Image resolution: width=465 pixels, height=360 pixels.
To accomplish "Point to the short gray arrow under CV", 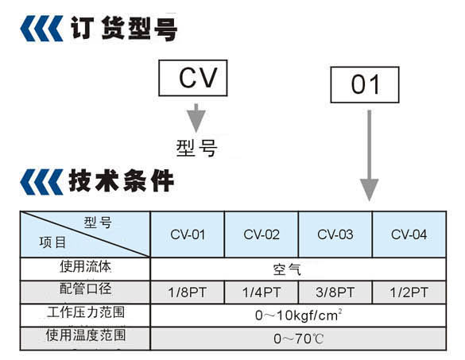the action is [196, 118].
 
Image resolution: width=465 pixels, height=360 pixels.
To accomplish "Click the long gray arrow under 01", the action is [369, 156].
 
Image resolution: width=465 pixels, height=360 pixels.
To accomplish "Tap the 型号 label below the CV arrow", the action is [196, 148].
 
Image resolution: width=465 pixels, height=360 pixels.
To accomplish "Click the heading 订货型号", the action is [124, 28].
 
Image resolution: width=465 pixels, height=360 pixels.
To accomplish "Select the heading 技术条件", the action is [122, 181].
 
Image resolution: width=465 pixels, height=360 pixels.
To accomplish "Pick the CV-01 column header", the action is [188, 234].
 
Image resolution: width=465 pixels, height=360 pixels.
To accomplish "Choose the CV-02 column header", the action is [262, 234].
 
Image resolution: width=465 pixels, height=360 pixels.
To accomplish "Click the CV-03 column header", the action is [335, 234].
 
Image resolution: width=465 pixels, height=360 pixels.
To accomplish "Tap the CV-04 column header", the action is [409, 234].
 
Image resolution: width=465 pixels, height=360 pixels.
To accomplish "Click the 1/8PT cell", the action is [187, 292].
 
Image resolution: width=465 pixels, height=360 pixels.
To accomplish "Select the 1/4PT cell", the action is [262, 292].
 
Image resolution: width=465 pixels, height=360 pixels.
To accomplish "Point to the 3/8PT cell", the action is [335, 292].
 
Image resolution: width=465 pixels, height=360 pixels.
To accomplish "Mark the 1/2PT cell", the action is [409, 292].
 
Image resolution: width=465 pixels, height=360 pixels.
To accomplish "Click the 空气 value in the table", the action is [287, 269].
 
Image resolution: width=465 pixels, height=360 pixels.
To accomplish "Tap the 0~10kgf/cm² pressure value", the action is [299, 315].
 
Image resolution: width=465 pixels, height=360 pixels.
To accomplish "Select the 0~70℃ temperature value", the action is [298, 339].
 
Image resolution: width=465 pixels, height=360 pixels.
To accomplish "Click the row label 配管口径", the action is [86, 288].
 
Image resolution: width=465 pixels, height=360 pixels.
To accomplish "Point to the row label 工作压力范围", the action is [86, 312].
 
